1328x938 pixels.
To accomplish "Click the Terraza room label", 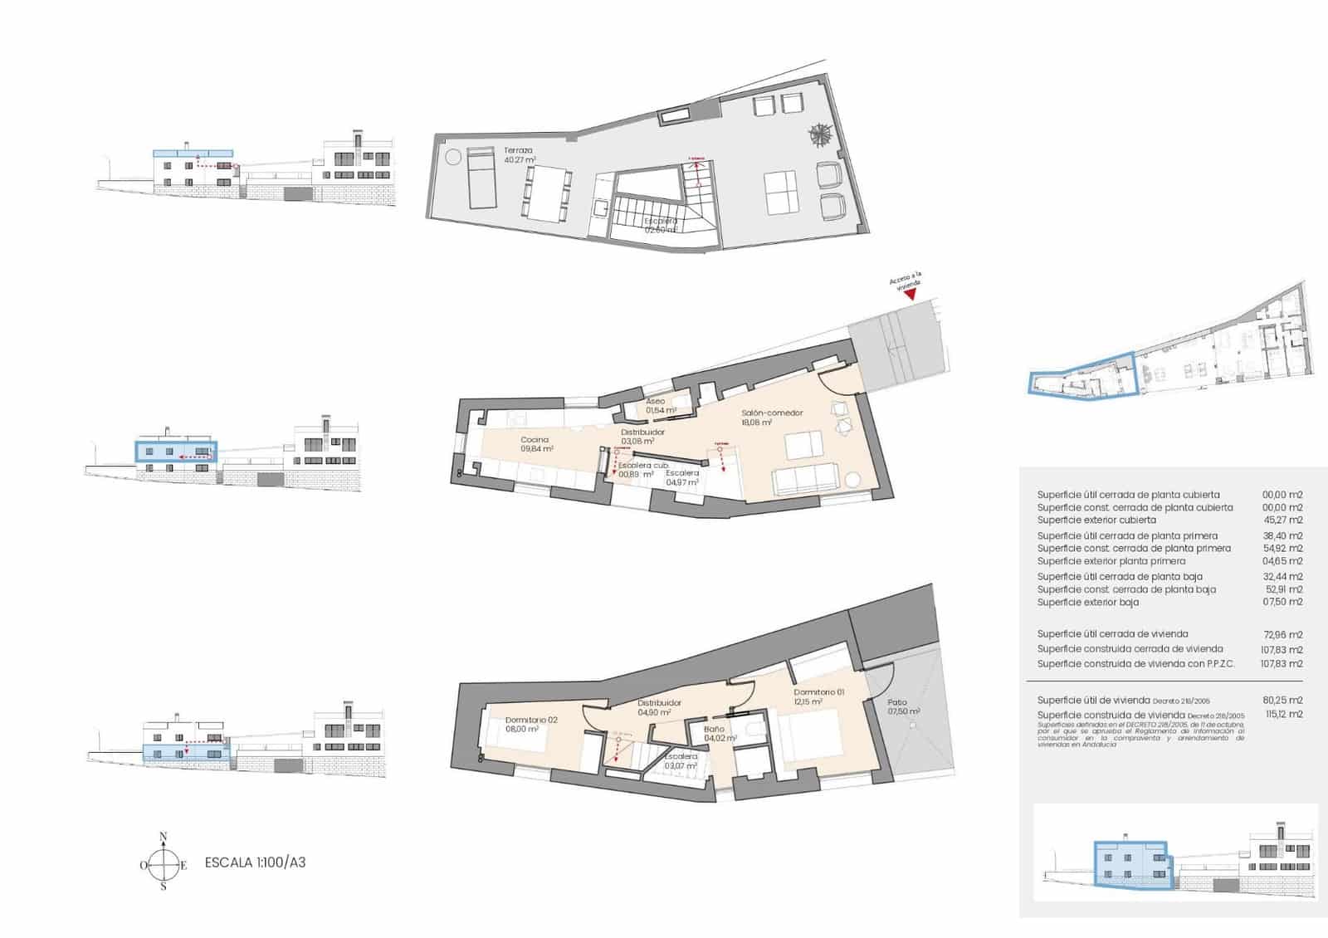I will (518, 151).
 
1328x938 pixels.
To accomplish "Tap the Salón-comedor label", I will (772, 413).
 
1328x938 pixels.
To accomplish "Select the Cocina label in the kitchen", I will (535, 440).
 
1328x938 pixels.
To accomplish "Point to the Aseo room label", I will (656, 402).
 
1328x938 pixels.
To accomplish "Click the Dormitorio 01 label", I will (818, 692).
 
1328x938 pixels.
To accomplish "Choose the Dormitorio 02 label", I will (531, 720).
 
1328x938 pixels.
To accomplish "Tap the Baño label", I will (714, 730).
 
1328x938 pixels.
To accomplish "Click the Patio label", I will (897, 702).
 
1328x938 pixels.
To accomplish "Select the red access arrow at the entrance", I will (911, 294).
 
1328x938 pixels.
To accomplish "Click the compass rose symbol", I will (164, 864).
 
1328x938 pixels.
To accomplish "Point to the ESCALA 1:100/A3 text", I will (255, 862).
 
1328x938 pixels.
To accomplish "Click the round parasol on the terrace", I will (823, 133).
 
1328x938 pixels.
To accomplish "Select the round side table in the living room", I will (853, 480).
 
